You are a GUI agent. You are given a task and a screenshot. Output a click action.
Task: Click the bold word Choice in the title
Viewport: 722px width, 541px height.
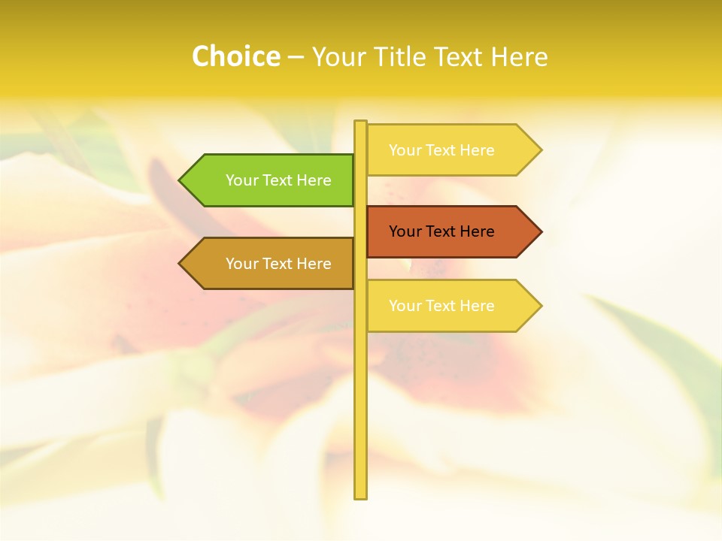(x=235, y=56)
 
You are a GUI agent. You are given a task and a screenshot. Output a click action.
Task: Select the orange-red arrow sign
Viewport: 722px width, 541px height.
(x=451, y=231)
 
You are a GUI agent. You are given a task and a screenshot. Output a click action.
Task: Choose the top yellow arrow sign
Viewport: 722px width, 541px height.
(x=451, y=150)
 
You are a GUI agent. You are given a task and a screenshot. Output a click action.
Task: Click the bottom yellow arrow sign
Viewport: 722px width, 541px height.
(x=451, y=306)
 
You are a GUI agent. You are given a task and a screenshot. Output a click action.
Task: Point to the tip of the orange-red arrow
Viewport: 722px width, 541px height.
(x=540, y=231)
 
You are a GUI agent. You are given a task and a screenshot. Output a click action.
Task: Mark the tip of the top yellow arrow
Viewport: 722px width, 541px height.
(x=540, y=150)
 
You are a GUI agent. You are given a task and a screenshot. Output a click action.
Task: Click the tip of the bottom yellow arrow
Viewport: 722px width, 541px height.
(x=540, y=306)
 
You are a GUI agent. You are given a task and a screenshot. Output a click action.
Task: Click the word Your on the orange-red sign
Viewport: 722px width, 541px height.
(x=405, y=231)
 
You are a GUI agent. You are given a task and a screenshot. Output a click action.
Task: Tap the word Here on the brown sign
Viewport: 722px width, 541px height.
(x=314, y=264)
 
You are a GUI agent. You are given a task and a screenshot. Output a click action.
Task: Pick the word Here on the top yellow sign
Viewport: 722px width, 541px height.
(x=477, y=150)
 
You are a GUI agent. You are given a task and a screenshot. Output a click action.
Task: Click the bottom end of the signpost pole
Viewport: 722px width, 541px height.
(x=360, y=496)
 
